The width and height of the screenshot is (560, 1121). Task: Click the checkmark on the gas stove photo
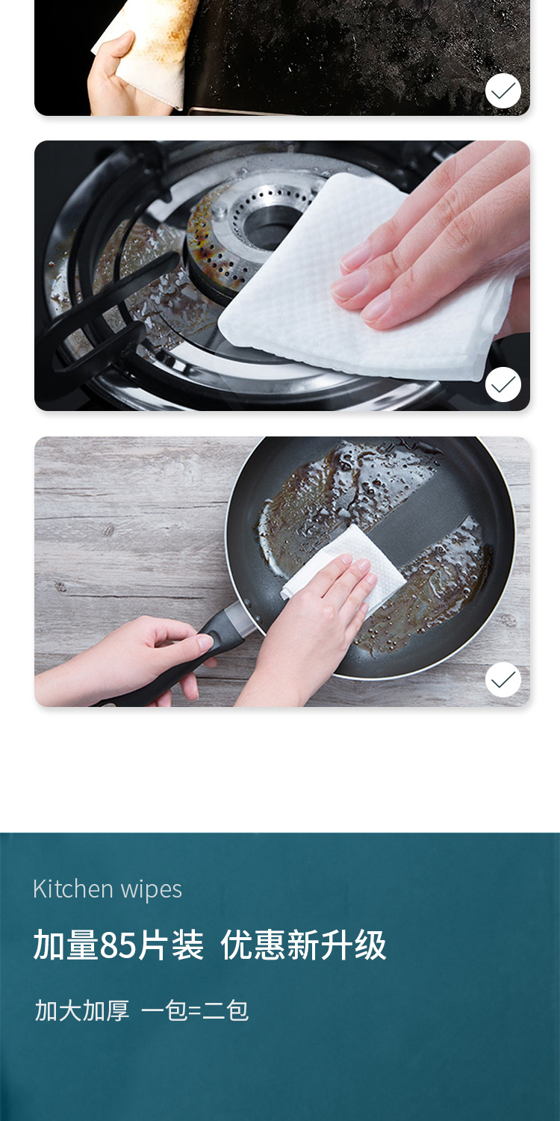(503, 384)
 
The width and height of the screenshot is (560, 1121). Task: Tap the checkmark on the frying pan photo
(503, 679)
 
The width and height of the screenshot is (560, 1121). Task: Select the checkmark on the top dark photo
(503, 90)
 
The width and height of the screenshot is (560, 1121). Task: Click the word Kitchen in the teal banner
(73, 889)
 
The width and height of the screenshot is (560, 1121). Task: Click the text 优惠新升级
(303, 945)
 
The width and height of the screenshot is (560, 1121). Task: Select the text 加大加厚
(82, 1010)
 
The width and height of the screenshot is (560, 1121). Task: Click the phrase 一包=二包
(194, 1010)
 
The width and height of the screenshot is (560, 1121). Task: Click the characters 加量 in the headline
(66, 945)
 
